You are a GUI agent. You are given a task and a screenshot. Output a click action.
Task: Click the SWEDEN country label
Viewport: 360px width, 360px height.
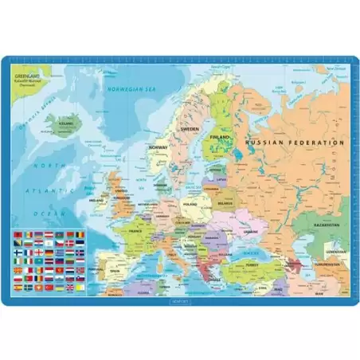(x=189, y=127)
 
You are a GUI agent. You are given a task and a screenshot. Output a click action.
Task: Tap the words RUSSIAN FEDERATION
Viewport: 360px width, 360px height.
(x=295, y=143)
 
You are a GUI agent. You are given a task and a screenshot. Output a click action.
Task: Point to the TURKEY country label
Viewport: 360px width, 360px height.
(x=253, y=264)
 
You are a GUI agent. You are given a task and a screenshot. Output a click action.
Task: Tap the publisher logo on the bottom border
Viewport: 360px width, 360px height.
(x=180, y=301)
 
